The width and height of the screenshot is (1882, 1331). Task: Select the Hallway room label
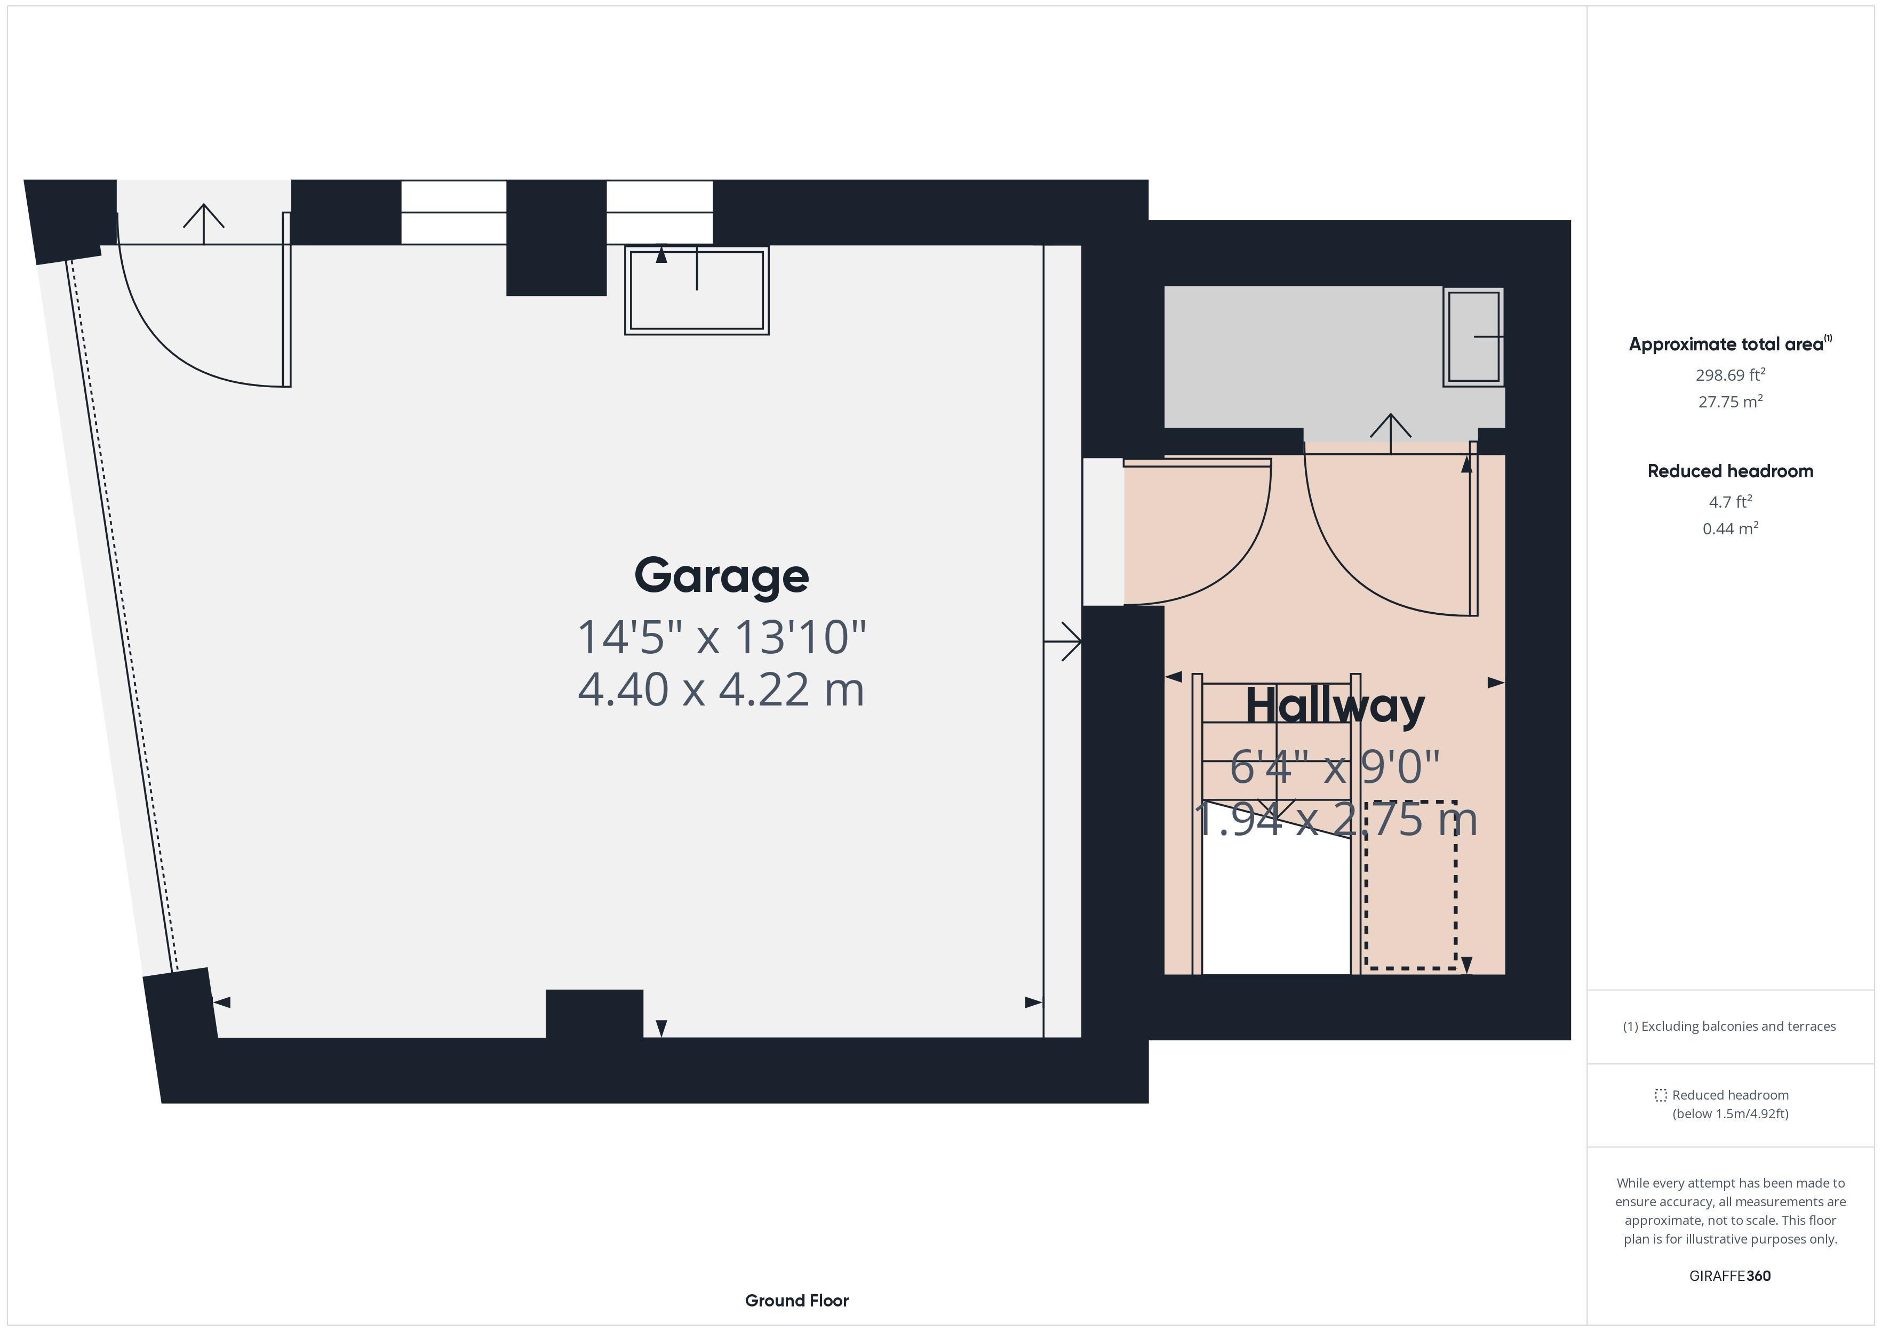click(x=1335, y=705)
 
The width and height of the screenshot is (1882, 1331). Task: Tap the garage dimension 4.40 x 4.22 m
click(x=721, y=689)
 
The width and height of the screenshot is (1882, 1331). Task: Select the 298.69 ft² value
click(x=1731, y=374)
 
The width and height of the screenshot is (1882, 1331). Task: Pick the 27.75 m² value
click(x=1731, y=402)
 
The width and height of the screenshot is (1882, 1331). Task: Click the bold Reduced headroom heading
click(x=1731, y=471)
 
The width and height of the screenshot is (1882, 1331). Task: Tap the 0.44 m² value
click(x=1731, y=528)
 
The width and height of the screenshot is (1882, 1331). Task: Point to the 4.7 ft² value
click(x=1731, y=502)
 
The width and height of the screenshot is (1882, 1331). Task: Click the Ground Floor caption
click(x=797, y=1301)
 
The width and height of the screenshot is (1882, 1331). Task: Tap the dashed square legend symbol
click(x=1661, y=1095)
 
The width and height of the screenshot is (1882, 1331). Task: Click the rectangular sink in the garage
click(x=697, y=290)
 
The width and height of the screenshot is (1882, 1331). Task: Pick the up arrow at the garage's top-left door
click(x=203, y=224)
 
